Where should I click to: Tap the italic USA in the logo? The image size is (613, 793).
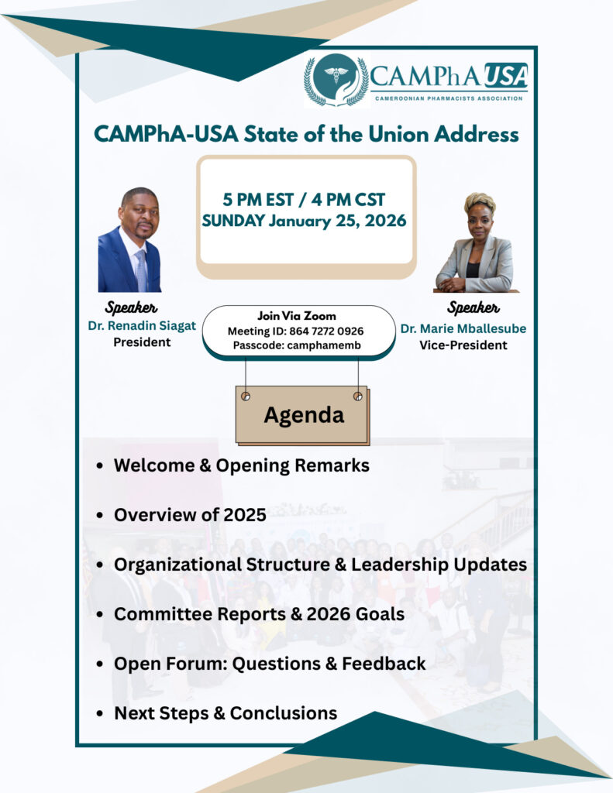506,77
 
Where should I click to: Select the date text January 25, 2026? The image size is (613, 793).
338,221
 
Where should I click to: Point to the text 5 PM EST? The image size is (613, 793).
258,200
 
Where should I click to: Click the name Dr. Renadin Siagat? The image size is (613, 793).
142,326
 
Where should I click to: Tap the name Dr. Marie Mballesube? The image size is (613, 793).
463,328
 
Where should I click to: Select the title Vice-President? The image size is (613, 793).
463,345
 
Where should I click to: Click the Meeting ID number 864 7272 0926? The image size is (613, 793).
326,331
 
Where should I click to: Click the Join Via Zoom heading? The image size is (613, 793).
297,316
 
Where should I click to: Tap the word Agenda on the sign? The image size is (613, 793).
304,415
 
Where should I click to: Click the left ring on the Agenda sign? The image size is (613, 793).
246,396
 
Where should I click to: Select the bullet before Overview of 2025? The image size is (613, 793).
100,515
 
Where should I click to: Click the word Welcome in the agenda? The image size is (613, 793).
154,465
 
